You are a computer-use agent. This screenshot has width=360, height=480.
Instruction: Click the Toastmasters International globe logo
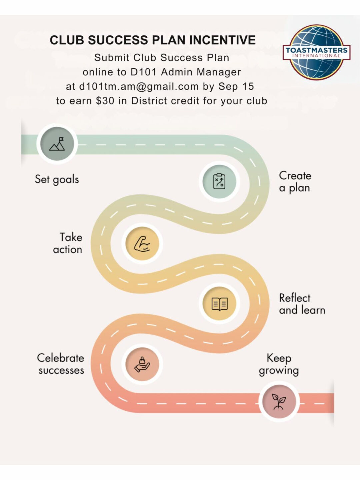316,52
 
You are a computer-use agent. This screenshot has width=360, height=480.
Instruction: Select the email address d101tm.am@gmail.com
139,87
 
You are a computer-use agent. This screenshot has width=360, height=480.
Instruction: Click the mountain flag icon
57,144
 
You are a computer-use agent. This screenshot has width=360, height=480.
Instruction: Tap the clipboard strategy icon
219,182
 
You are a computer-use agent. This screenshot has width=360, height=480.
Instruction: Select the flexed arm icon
142,243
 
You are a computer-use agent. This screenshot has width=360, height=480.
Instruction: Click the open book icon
219,304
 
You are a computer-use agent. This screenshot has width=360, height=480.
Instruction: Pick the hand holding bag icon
142,364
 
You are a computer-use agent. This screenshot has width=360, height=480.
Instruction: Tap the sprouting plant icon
279,401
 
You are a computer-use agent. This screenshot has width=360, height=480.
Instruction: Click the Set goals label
57,179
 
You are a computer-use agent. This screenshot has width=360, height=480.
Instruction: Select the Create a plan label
295,182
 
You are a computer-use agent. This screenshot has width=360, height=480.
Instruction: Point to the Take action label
68,243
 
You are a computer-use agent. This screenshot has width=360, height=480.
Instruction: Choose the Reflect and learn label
302,304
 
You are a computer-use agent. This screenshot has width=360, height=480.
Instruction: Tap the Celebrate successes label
61,364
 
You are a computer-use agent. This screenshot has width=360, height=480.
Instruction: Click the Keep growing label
279,364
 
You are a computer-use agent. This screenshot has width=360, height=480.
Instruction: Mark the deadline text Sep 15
236,87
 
